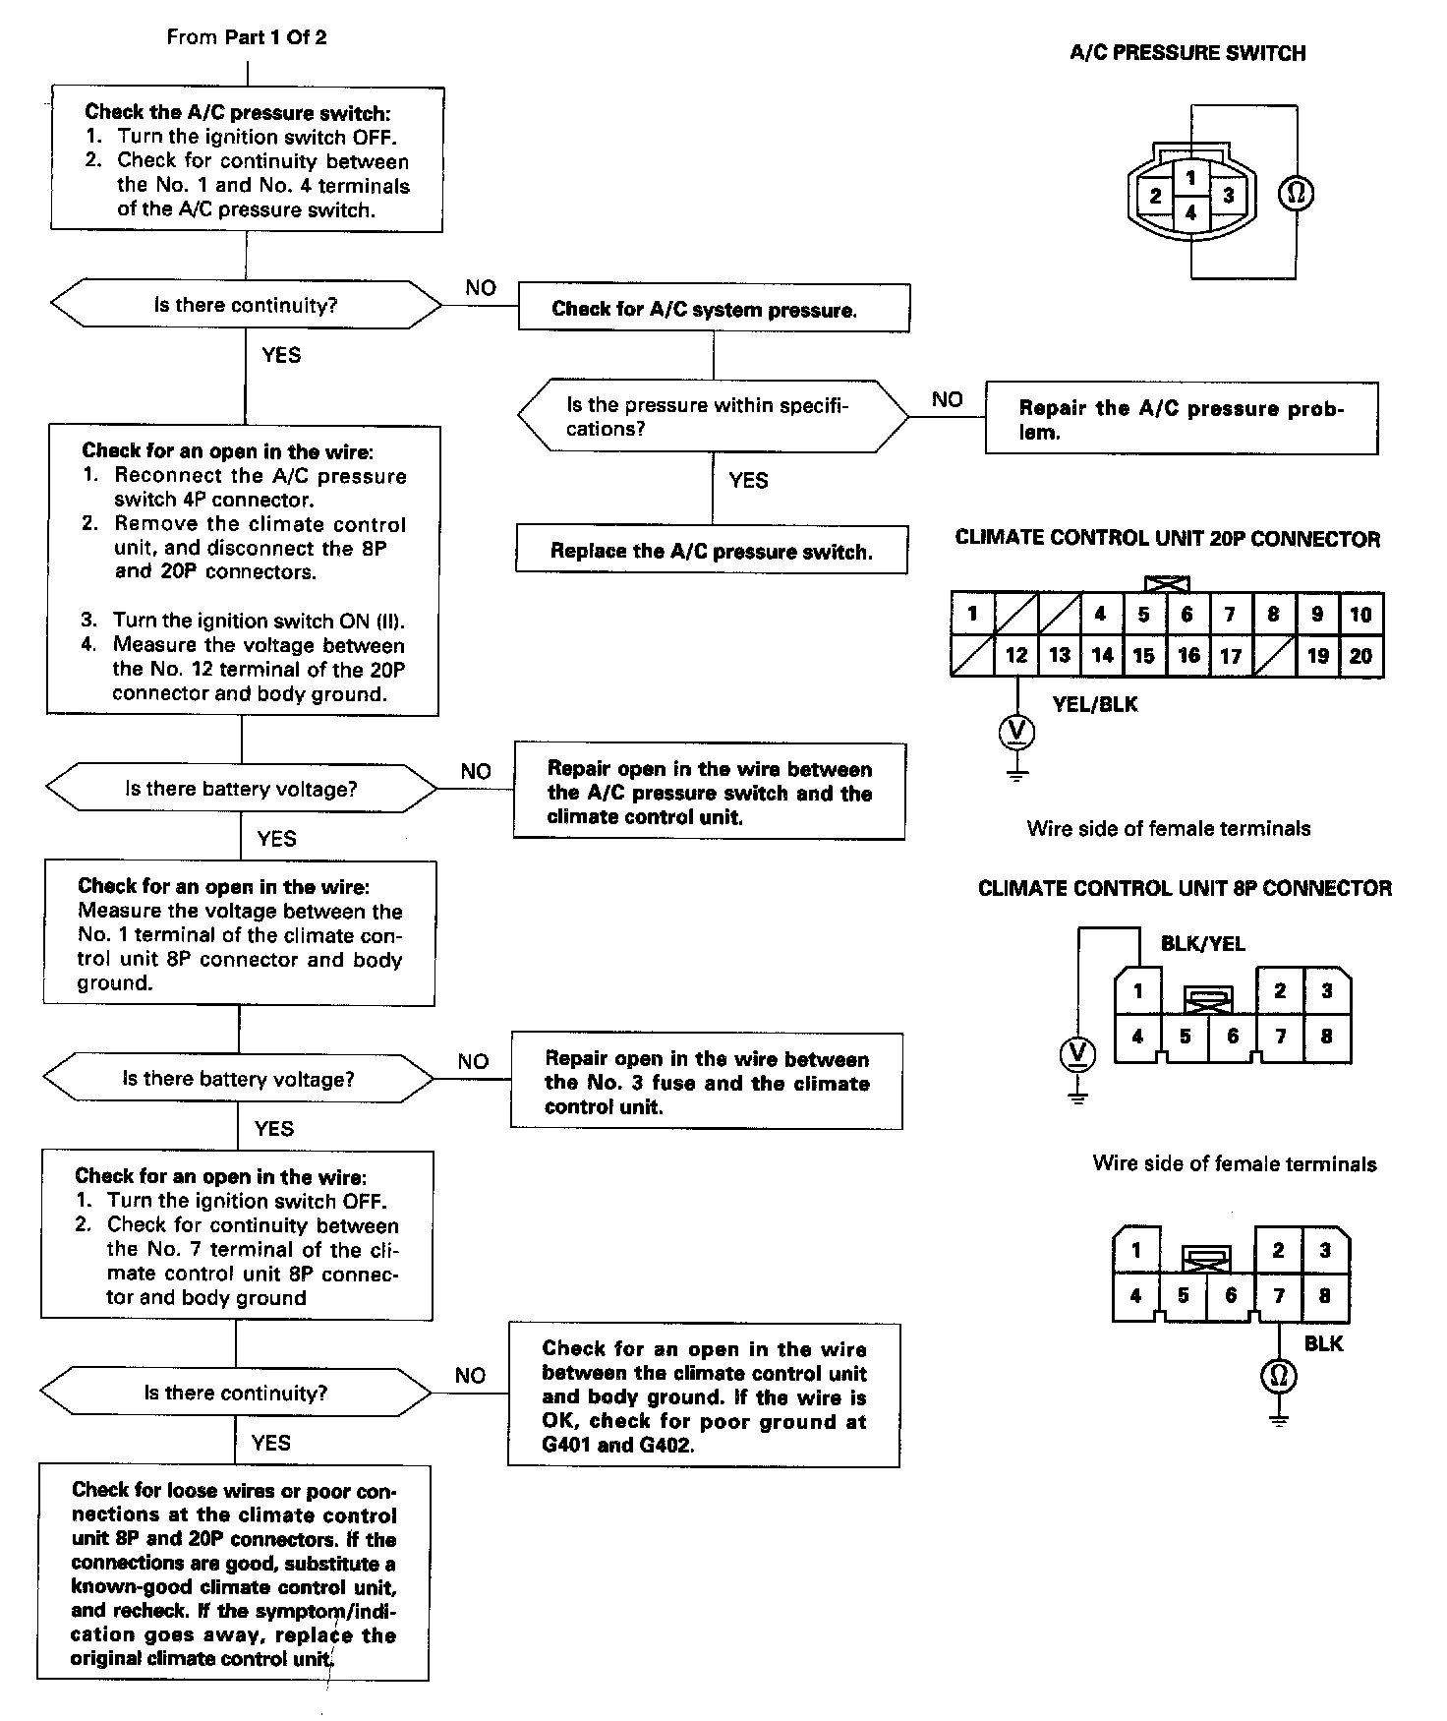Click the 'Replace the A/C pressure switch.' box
[712, 551]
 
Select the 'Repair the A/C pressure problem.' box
[1181, 419]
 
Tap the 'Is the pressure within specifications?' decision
[713, 417]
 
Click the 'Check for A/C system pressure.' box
[713, 309]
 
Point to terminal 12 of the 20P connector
[1016, 656]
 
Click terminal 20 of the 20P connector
[1360, 656]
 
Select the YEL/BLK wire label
[1094, 704]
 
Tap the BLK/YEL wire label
[1202, 944]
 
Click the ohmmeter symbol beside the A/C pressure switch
[1296, 194]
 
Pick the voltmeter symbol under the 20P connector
[1016, 731]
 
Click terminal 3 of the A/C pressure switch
[1228, 195]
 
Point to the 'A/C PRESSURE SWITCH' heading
[1187, 53]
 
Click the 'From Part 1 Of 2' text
[247, 37]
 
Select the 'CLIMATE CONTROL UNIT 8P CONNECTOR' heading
[1185, 888]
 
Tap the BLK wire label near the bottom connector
[1323, 1343]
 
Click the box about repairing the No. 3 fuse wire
[707, 1082]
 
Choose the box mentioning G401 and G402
[704, 1396]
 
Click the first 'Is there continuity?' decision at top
[246, 305]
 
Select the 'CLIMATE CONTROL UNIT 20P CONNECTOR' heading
[1167, 539]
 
